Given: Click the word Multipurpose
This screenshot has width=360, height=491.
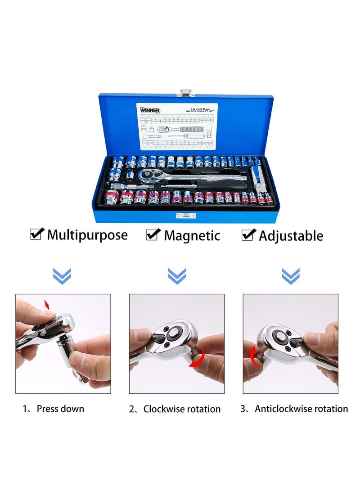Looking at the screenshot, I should coord(87,234).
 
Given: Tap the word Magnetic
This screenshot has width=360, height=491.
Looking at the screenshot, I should coord(192,235).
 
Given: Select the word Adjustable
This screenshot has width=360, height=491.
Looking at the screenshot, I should coord(291,235).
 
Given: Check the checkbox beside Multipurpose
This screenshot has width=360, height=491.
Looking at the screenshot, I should coord(36,234).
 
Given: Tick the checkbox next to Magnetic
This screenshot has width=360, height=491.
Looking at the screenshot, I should coord(153,234).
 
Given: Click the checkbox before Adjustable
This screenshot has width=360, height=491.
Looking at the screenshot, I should coord(249,234).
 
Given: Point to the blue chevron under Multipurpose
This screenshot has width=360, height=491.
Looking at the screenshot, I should coord(62,275).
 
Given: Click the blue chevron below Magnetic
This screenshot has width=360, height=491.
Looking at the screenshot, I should coord(177,275).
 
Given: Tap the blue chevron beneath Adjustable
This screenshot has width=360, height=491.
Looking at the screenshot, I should coord(291,275).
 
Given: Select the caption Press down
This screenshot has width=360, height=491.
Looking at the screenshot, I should coord(60,409).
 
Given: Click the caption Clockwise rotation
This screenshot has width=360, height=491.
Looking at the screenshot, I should coord(182,409).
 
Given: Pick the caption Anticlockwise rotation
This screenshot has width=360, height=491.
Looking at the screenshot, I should coord(301,409).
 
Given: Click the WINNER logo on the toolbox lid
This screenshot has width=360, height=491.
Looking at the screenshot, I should coord(150,109).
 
